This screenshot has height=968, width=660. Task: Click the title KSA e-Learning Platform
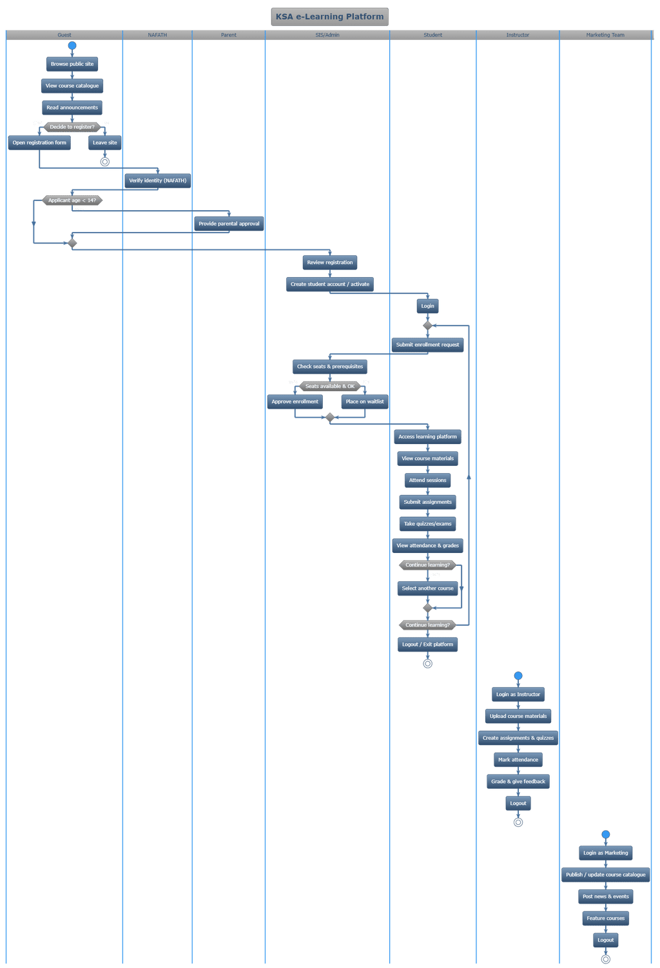tap(329, 17)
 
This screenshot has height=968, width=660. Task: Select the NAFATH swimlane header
tap(157, 35)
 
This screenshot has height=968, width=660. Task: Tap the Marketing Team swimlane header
tap(605, 35)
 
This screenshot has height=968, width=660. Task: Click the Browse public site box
tap(72, 64)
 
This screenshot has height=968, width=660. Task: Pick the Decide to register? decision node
tap(72, 127)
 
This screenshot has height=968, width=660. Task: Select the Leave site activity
tap(105, 142)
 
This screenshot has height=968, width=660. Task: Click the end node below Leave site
tap(105, 162)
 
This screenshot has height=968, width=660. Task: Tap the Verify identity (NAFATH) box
tap(157, 180)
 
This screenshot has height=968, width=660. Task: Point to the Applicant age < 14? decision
tap(72, 200)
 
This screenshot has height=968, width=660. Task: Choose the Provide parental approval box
tap(229, 224)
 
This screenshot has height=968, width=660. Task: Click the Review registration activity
tap(330, 262)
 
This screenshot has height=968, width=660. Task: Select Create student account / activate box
tap(330, 284)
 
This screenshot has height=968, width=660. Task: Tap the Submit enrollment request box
tap(427, 345)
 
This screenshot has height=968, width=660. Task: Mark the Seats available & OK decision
tap(330, 386)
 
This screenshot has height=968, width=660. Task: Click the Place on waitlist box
tap(365, 402)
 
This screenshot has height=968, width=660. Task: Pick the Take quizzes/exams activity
tap(427, 524)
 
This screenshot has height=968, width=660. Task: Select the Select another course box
tap(427, 588)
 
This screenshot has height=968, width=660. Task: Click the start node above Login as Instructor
tap(518, 676)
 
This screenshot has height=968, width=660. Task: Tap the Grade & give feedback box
tap(518, 782)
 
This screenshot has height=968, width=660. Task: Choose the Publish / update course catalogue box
tap(605, 875)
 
